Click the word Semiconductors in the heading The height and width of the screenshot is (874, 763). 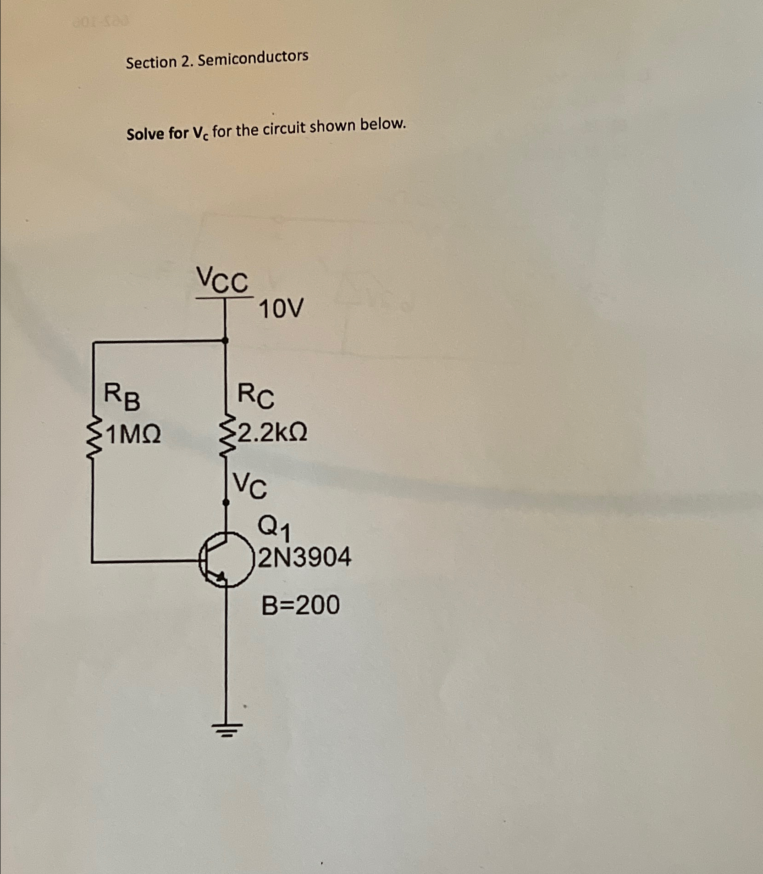[x=253, y=58]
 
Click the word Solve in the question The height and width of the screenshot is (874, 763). [x=144, y=134]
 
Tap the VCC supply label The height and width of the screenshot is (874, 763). [x=222, y=280]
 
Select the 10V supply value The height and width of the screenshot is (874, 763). [x=281, y=309]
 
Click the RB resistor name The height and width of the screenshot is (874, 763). [x=122, y=397]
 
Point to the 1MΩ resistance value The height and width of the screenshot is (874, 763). [x=133, y=435]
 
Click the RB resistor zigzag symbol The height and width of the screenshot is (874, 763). [x=94, y=438]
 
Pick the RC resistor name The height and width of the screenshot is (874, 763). [x=255, y=397]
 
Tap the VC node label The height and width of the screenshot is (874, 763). [x=249, y=486]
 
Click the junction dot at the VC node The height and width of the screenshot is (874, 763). [x=226, y=503]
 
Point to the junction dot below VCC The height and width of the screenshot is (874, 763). [x=225, y=340]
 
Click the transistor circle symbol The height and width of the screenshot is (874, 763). [x=227, y=559]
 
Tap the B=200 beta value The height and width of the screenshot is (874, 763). [x=301, y=605]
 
